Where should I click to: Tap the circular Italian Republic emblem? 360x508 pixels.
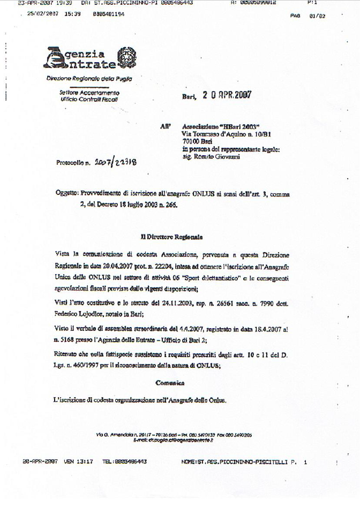click(x=126, y=56)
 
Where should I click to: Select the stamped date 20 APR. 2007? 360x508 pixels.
click(x=227, y=95)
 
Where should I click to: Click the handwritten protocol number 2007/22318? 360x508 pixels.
click(x=114, y=162)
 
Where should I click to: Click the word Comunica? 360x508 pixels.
click(x=170, y=383)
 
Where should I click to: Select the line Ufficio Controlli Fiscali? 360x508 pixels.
click(x=89, y=99)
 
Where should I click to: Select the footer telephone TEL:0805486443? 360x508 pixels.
click(x=124, y=461)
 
